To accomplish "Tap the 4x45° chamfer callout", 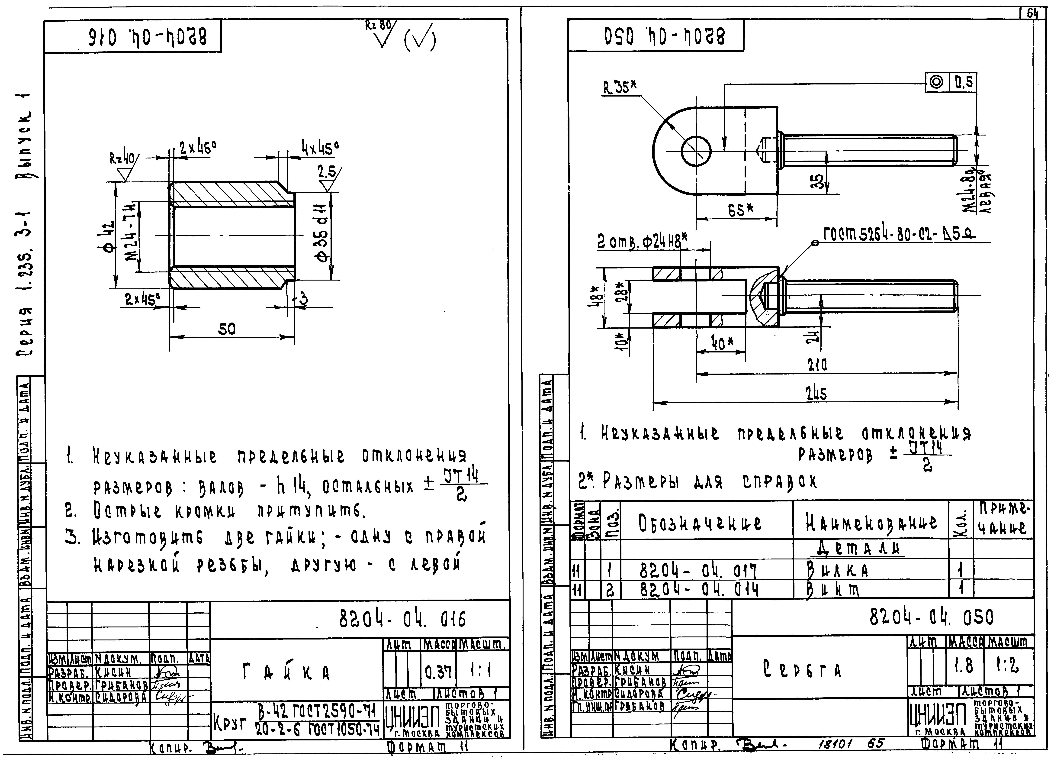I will click(320, 148).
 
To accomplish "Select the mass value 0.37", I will click(438, 671).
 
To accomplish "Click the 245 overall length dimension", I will click(816, 393).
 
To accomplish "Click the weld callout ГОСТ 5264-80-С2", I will click(899, 234).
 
